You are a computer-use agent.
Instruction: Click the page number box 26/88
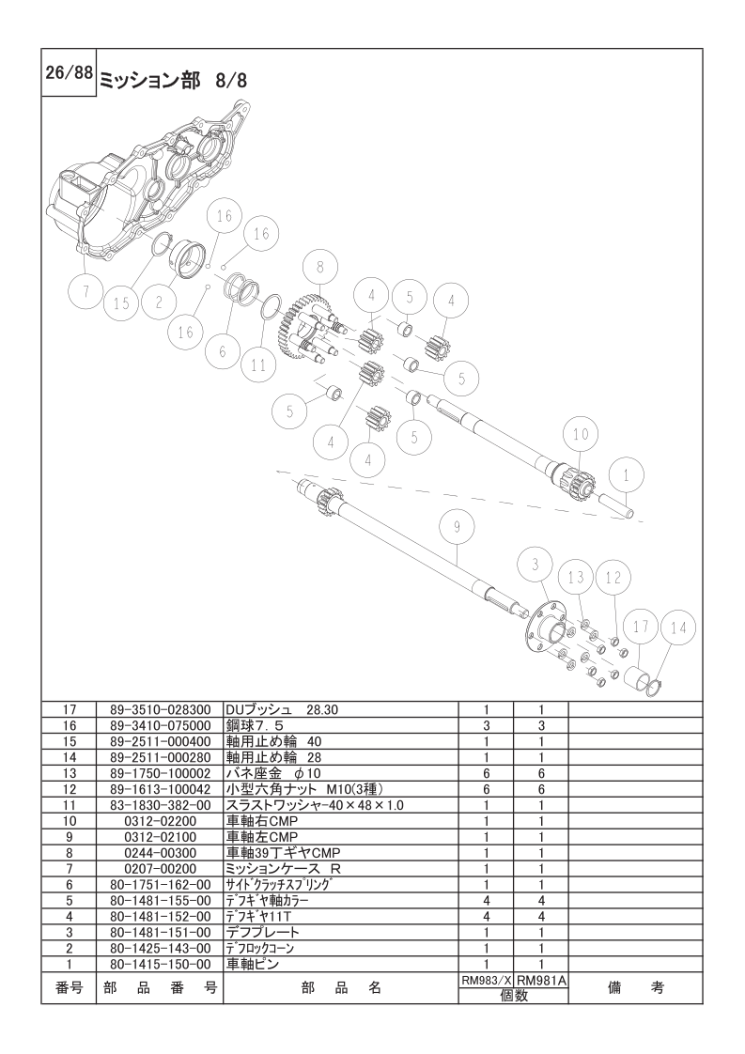70,72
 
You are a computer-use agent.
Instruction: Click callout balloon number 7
86,292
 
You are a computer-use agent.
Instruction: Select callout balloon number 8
320,267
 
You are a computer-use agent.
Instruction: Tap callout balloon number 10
581,434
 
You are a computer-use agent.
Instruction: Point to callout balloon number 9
458,528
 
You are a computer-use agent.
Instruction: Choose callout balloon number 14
678,628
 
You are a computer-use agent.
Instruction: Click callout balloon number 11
259,365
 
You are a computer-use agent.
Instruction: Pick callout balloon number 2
159,302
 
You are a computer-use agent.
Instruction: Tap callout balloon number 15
122,303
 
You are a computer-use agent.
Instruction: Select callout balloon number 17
641,627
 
